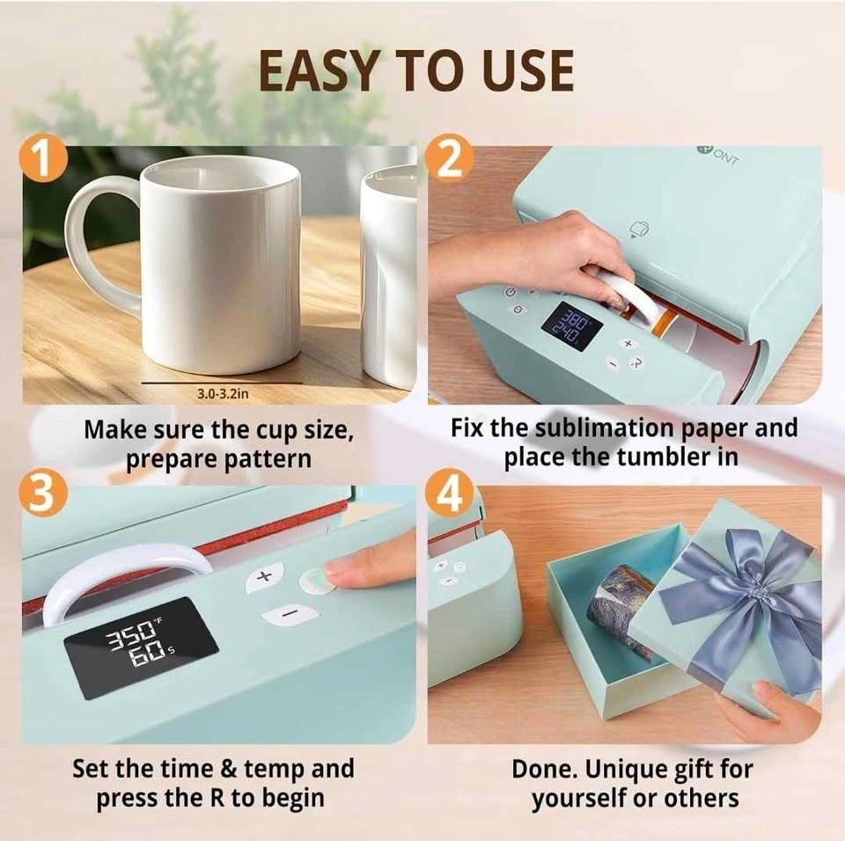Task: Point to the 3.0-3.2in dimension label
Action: pos(223,394)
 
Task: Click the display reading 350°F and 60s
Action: pos(141,647)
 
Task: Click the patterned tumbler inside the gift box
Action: pos(620,603)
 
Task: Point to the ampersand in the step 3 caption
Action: pos(229,769)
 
